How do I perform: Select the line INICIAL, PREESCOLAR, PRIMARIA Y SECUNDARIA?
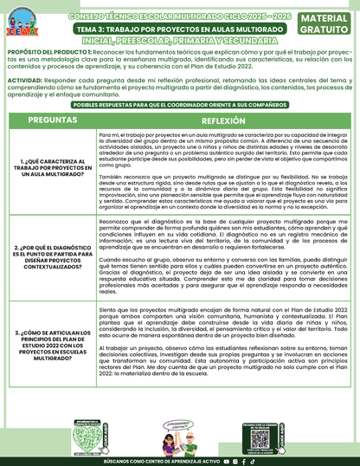[x=179, y=39]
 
